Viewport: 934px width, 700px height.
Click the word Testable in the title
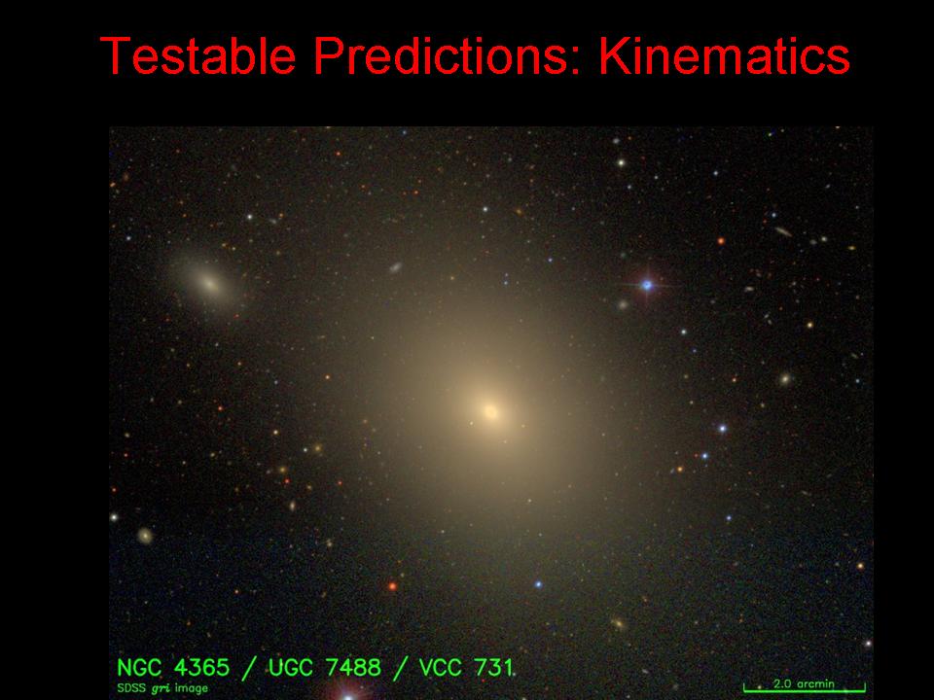click(198, 55)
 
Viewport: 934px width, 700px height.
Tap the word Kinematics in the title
click(724, 55)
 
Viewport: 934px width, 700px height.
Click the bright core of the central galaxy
click(490, 411)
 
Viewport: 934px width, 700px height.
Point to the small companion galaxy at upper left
click(208, 283)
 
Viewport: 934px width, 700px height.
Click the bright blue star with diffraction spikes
click(647, 286)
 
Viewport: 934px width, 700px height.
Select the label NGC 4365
click(173, 668)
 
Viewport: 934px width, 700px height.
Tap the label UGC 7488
click(325, 668)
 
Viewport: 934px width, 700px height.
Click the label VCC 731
click(466, 668)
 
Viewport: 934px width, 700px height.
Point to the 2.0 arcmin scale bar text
click(805, 683)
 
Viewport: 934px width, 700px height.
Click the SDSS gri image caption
click(162, 688)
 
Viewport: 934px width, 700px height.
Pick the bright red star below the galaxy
click(392, 586)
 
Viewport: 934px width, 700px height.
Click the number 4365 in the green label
click(201, 668)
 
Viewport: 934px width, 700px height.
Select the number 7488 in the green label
click(353, 668)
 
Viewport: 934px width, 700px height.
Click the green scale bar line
click(805, 690)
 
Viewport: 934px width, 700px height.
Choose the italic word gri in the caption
click(162, 689)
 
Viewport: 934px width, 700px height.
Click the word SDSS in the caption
click(131, 688)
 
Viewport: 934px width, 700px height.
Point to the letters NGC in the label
click(139, 668)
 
